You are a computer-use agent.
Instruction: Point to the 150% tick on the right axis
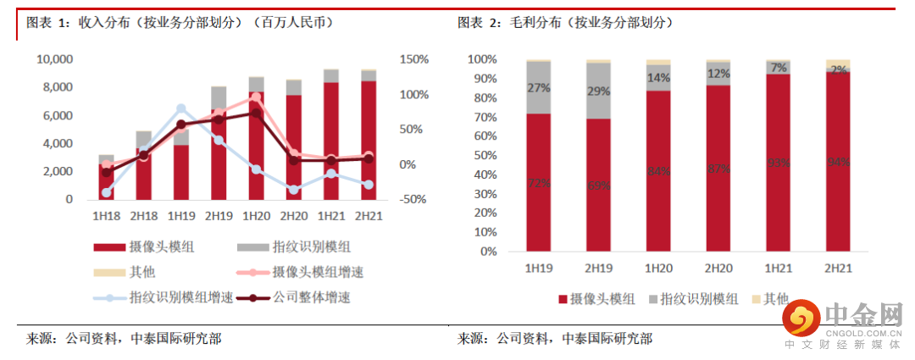416,59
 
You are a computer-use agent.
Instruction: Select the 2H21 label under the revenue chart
369,216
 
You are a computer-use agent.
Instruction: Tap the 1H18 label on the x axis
106,216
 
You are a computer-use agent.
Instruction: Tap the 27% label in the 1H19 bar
539,87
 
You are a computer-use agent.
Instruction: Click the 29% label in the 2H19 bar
599,91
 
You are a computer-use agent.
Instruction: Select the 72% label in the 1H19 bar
539,183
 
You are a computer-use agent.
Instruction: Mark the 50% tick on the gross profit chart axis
483,156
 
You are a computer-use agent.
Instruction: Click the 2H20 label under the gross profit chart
718,269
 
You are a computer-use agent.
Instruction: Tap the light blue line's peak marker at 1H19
181,108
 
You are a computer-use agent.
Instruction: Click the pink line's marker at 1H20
256,97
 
